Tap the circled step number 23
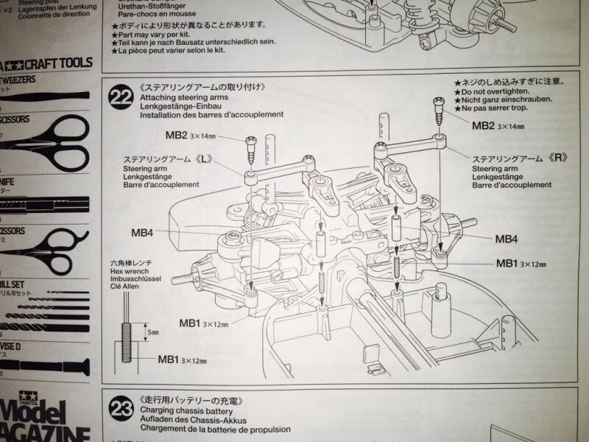[119, 407]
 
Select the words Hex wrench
[127, 270]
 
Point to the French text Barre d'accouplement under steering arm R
[511, 185]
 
